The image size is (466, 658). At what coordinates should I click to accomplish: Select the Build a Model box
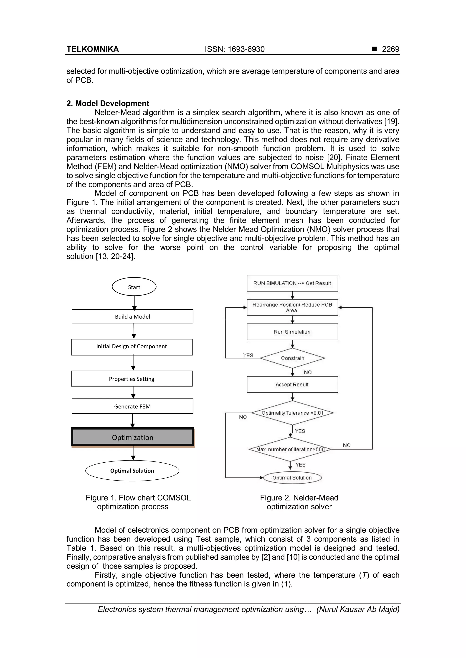coord(132,317)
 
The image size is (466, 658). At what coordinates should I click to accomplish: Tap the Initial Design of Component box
coord(132,347)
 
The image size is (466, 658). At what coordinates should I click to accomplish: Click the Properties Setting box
coord(132,379)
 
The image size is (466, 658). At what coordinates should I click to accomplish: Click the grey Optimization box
coord(133,437)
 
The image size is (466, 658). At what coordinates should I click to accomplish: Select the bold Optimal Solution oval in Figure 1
coord(132,471)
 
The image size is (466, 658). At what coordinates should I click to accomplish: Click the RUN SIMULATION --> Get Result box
coord(292,283)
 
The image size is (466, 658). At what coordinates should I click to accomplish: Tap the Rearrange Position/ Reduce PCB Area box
coord(292,307)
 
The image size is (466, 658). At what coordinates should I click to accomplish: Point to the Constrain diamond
coord(292,358)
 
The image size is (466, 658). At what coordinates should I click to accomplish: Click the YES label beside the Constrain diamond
coord(248,355)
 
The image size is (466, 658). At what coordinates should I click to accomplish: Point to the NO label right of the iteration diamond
coord(347,445)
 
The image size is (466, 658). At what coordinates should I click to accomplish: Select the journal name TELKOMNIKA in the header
coord(93,49)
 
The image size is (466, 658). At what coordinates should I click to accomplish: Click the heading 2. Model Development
coord(108,103)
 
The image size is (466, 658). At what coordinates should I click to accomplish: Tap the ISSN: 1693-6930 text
coord(235,49)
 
